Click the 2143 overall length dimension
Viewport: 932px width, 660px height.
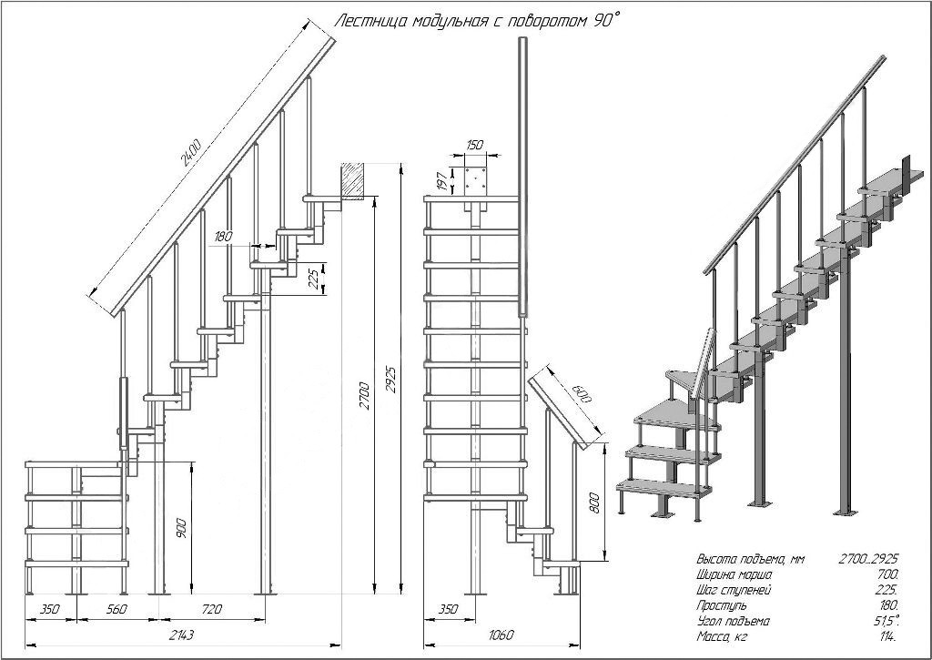click(181, 635)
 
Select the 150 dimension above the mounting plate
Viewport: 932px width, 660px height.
click(474, 146)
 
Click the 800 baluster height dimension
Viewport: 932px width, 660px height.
click(595, 502)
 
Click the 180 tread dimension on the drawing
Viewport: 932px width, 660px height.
click(222, 237)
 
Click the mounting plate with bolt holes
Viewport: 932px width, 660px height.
click(474, 180)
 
